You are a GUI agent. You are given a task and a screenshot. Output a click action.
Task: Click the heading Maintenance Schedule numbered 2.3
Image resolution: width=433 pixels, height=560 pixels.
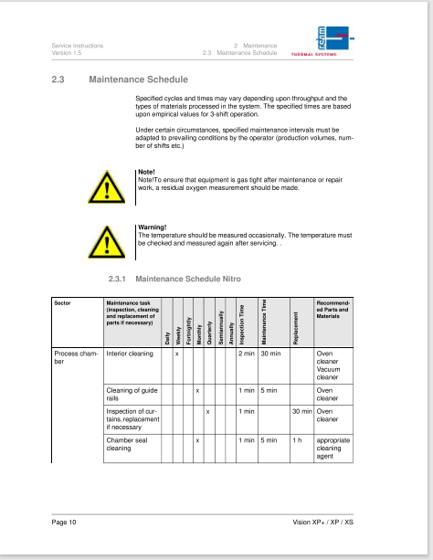pos(138,79)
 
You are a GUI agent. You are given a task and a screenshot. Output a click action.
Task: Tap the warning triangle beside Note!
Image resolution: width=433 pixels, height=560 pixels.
pos(107,187)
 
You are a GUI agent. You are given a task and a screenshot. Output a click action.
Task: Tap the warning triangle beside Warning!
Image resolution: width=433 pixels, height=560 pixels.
pos(107,242)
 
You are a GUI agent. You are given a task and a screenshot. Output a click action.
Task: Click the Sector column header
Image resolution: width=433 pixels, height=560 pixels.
pos(62,303)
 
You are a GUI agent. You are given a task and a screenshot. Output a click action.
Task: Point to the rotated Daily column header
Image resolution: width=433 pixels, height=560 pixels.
pos(167,339)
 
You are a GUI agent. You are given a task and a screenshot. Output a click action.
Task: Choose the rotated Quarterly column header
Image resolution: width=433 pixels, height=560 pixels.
pos(209,333)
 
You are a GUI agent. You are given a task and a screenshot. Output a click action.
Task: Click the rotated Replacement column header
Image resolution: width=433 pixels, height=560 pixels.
pos(295,328)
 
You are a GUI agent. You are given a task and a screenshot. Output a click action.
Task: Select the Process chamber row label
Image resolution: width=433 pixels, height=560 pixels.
pos(76,357)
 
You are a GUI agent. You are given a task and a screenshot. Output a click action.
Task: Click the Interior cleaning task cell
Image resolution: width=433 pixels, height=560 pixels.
pos(130,354)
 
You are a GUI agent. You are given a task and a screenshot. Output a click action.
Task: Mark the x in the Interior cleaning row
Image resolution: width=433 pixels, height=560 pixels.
pos(177,354)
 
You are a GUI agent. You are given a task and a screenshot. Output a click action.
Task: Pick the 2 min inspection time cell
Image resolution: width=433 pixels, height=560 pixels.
pos(247,354)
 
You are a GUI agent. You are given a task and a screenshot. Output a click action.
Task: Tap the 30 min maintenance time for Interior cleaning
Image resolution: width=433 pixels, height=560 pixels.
pos(270,354)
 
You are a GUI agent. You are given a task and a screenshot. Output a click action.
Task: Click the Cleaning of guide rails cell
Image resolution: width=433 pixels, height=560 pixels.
pos(132,395)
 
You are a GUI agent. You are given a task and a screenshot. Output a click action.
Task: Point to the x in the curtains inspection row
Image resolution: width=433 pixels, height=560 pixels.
pos(207,412)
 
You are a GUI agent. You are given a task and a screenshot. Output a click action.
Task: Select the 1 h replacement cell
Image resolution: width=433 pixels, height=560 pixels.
pos(297,440)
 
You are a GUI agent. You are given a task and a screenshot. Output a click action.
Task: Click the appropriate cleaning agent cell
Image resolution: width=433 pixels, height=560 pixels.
pos(333,449)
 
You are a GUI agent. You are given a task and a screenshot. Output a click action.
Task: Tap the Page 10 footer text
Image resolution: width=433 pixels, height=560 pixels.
pos(64,523)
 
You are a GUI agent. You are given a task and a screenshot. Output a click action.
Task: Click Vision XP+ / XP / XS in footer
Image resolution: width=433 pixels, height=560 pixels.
pos(323,523)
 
